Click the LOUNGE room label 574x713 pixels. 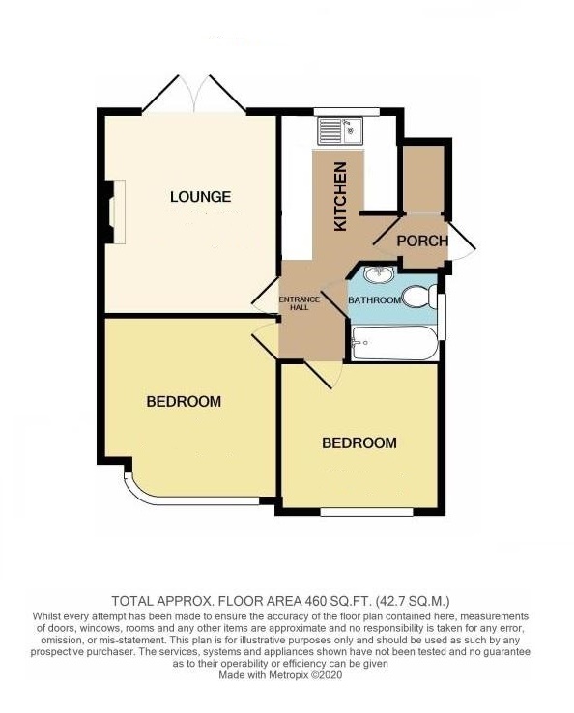pyautogui.click(x=200, y=197)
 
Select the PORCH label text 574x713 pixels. pyautogui.click(x=423, y=241)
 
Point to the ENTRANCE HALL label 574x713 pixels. pyautogui.click(x=294, y=301)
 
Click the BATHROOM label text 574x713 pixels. pyautogui.click(x=374, y=300)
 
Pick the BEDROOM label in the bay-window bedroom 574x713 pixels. pyautogui.click(x=184, y=401)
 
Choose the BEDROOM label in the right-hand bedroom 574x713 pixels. pyautogui.click(x=359, y=442)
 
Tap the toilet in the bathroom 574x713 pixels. pyautogui.click(x=419, y=297)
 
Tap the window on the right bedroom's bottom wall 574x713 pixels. pyautogui.click(x=359, y=512)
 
